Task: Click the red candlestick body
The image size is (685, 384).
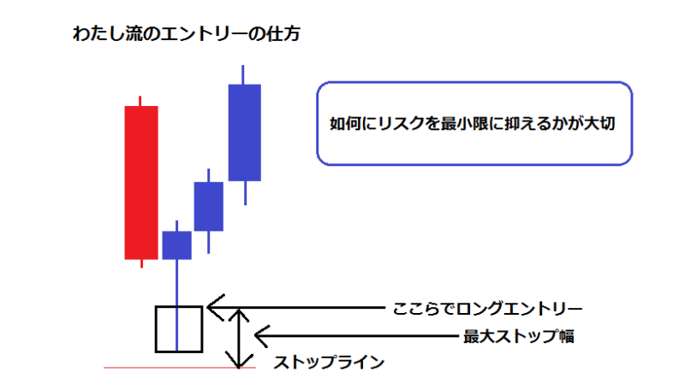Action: coord(141,183)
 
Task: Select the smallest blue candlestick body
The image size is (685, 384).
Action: coord(177,245)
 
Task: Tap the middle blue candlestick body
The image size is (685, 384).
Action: coord(209,206)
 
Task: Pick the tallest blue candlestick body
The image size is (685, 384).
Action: coord(245,133)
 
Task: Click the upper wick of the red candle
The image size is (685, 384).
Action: coord(140,101)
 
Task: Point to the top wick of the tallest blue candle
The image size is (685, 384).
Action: coord(243,75)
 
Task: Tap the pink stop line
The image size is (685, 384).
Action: coord(180,368)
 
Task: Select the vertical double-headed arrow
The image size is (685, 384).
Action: coord(239,339)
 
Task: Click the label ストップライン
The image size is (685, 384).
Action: coord(329,362)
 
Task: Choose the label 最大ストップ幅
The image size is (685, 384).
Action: coord(519,336)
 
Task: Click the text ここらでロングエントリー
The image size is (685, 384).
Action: coord(487,309)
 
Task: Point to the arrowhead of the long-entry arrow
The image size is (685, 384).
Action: coord(209,308)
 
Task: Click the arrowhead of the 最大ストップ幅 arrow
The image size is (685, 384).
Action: coord(256,336)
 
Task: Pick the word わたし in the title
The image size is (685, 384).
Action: coord(98,34)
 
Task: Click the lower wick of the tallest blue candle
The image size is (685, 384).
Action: coord(246,192)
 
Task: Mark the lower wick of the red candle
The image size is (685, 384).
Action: coord(141,263)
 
